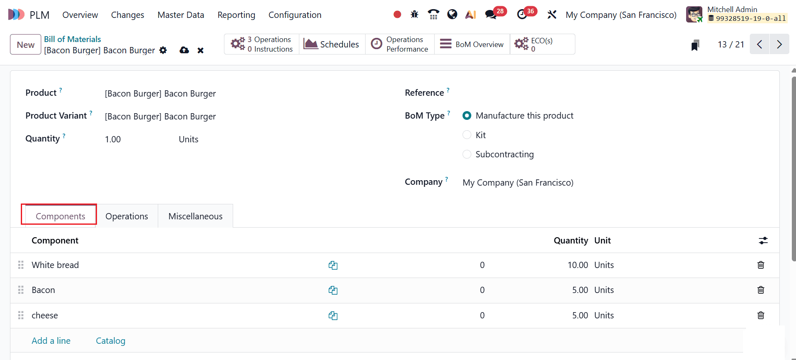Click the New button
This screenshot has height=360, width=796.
pos(25,45)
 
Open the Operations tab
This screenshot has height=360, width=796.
pos(127,216)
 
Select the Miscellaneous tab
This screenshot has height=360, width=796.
pos(195,216)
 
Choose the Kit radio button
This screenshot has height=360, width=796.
pos(467,135)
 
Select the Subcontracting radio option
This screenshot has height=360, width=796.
pos(467,154)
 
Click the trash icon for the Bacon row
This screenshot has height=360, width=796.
pos(761,290)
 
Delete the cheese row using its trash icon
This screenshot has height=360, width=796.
pos(761,315)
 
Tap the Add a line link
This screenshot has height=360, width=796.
pos(51,341)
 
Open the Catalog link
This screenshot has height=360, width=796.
pos(110,341)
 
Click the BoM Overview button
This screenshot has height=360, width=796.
pos(472,45)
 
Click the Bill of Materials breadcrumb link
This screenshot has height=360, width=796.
pos(72,39)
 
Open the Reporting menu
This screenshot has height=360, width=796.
pos(236,15)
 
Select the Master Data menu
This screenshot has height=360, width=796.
pos(181,15)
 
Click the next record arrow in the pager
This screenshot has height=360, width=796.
pos(779,45)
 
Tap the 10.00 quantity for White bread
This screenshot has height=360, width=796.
pos(577,265)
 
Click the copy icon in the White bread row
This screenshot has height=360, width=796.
pos(333,265)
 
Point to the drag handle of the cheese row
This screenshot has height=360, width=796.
pos(21,315)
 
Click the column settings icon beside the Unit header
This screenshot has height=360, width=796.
pos(763,241)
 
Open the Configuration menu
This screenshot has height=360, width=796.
pos(295,15)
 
